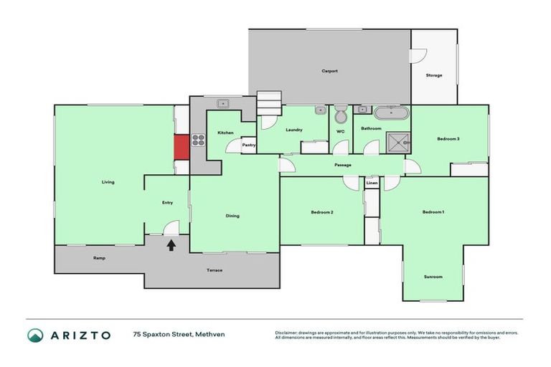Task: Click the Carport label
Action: pyautogui.click(x=329, y=71)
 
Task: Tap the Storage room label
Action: pyautogui.click(x=433, y=75)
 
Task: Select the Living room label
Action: pyautogui.click(x=108, y=182)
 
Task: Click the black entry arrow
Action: pyautogui.click(x=171, y=246)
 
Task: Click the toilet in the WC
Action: pyautogui.click(x=341, y=114)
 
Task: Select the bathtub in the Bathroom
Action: pyautogui.click(x=391, y=113)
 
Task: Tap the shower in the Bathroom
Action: pyautogui.click(x=397, y=143)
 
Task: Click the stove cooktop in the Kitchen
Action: pyautogui.click(x=198, y=140)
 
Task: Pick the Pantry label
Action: pyautogui.click(x=249, y=145)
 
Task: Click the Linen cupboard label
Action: pyautogui.click(x=371, y=184)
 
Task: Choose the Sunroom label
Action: pyautogui.click(x=433, y=277)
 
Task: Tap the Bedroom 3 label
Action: pyautogui.click(x=448, y=138)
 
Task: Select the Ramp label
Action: pyautogui.click(x=100, y=258)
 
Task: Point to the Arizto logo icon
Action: pyautogui.click(x=35, y=335)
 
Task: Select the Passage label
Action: pyautogui.click(x=342, y=166)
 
